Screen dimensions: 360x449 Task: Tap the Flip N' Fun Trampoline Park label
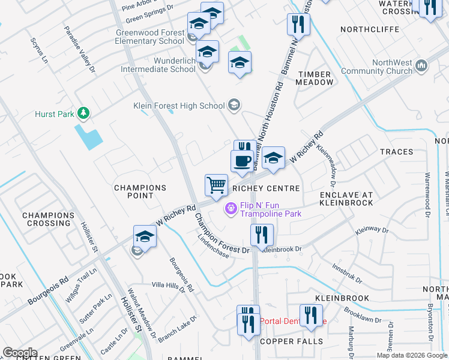pos(270,209)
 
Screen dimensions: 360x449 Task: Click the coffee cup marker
pos(242,161)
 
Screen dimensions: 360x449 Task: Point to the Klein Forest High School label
pos(178,106)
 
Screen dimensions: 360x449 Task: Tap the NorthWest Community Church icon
pos(421,66)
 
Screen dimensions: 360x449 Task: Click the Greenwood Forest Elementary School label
pos(150,37)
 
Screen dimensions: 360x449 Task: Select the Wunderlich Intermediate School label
pos(158,65)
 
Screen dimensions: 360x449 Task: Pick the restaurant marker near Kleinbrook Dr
pos(261,235)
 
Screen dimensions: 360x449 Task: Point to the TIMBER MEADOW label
pos(314,78)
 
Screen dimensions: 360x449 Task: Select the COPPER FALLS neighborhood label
pos(291,341)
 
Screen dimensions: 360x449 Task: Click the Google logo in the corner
pos(20,352)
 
